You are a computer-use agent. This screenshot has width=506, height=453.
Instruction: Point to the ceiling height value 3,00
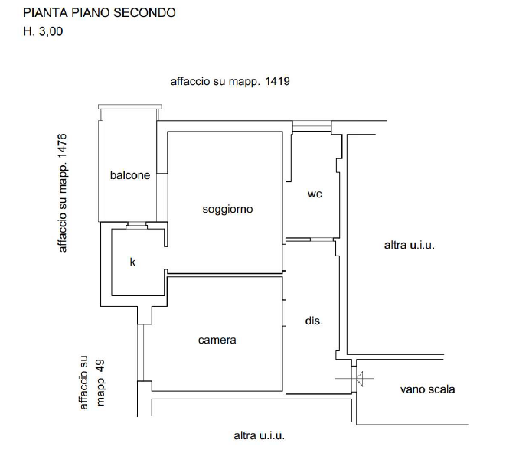[52, 31]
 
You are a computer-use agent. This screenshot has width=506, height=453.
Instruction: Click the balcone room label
[130, 175]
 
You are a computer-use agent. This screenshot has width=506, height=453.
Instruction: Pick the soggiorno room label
[227, 209]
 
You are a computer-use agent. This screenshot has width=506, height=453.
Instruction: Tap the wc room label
[313, 195]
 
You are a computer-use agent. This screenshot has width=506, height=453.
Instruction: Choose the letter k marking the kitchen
[133, 263]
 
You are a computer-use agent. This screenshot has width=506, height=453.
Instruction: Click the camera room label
[217, 340]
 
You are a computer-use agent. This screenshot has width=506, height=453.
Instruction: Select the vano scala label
[427, 390]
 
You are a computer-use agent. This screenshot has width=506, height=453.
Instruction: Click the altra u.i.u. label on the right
[410, 246]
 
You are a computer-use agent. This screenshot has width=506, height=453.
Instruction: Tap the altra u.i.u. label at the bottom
[259, 436]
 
